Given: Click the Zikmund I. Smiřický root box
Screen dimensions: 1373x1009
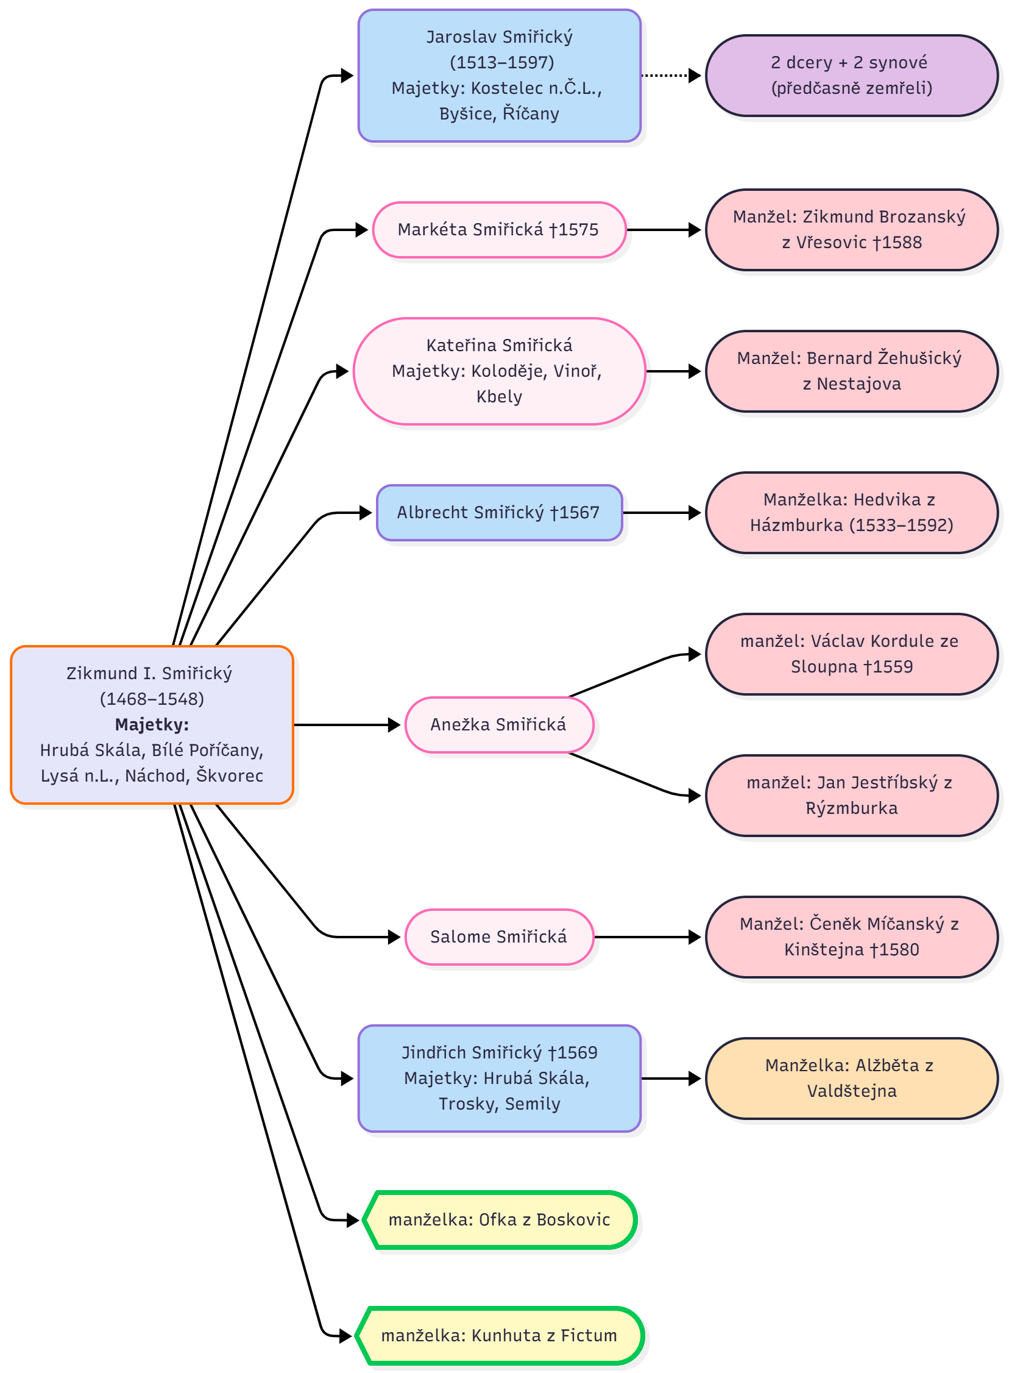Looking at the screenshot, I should [x=152, y=724].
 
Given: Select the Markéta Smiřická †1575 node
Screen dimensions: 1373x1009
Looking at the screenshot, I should [x=498, y=230].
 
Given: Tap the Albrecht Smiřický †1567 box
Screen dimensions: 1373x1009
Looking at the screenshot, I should [x=498, y=513].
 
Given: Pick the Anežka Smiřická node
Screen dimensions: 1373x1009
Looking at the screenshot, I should [x=498, y=725].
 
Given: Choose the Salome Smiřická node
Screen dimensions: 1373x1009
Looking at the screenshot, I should [x=498, y=936].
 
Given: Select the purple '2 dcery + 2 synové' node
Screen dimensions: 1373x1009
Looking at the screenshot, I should [x=851, y=75].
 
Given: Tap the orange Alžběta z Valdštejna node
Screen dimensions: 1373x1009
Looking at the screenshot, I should [x=851, y=1078].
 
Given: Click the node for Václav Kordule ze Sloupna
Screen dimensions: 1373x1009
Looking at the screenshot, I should [x=851, y=654].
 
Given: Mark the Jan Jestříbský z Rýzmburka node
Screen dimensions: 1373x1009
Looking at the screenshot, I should [x=851, y=795].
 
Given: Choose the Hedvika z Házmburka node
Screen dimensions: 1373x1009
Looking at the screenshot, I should [x=851, y=512].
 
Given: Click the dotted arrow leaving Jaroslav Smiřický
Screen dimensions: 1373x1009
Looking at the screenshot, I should [x=670, y=76].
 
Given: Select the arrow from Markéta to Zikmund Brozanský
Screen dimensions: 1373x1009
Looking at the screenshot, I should [x=664, y=230].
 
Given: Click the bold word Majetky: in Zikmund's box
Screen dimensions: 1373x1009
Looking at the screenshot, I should [x=152, y=725].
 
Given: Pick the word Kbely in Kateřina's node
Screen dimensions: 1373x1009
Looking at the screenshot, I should [x=499, y=397].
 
